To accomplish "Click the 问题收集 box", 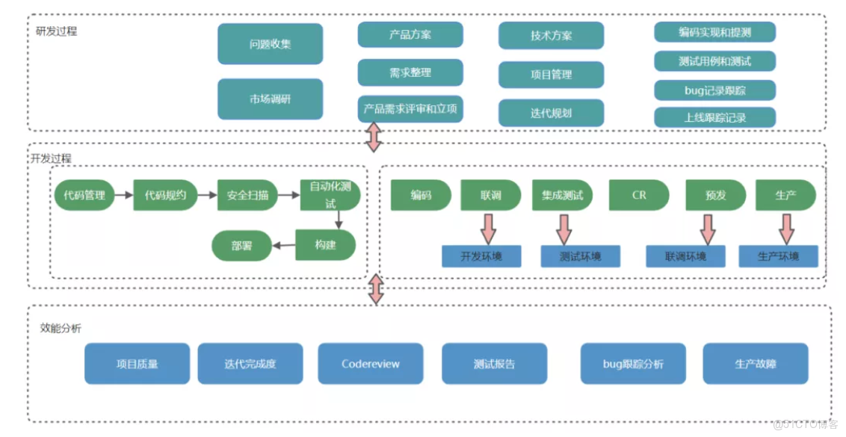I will tap(270, 44).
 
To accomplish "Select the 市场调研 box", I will tap(270, 99).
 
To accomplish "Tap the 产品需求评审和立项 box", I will tap(410, 109).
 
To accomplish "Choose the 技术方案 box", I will tap(551, 35).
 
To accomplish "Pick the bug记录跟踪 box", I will tap(714, 90).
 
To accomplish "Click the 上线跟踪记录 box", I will tap(714, 117).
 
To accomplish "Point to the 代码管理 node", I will tap(84, 196).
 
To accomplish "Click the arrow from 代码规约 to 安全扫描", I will tap(208, 196).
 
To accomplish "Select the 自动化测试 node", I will tap(330, 196).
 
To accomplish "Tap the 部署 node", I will tap(241, 246).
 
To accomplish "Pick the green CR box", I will tap(638, 195).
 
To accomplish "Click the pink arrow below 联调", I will tap(490, 229).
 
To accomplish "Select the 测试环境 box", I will tap(580, 257).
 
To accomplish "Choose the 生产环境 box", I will tap(778, 257).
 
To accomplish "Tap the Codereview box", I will tap(370, 364).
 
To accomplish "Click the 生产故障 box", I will tap(755, 364).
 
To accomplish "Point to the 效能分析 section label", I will tap(61, 328).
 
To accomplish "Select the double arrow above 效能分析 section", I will tap(376, 289).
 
